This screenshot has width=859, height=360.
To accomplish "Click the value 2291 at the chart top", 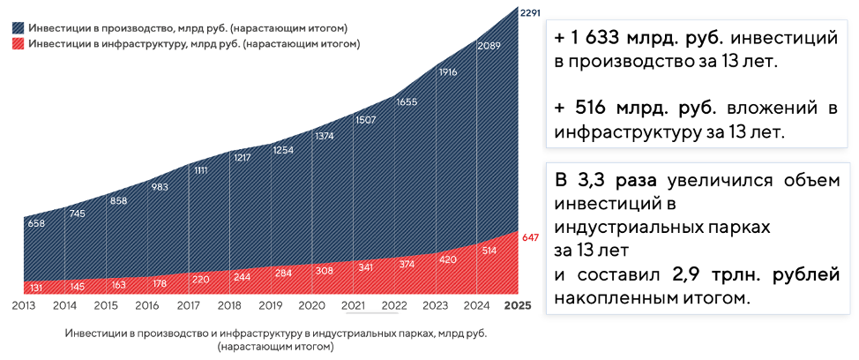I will coord(529,12).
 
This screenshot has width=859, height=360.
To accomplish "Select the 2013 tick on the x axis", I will coord(24,306).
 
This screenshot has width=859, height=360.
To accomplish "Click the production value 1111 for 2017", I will coord(201,170).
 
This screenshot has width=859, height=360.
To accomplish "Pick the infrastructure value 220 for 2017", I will coord(201,278).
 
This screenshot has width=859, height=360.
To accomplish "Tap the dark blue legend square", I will coord(19,27).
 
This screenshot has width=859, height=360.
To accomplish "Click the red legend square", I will coord(19,43).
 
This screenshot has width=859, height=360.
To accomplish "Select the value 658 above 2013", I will coord(35,223).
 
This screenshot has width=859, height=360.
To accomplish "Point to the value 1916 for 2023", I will coord(448,72).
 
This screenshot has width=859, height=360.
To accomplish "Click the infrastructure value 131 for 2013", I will coord(35,287).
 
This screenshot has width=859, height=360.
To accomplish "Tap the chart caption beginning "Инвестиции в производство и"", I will coord(275,334).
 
